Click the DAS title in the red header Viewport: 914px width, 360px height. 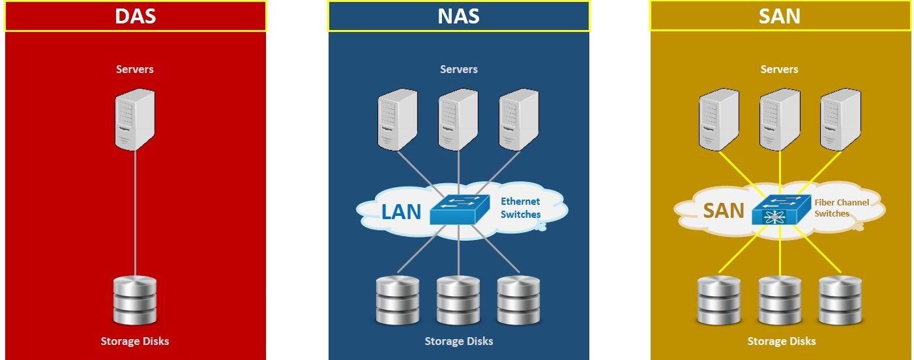135,16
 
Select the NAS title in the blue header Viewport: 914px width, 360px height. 458,16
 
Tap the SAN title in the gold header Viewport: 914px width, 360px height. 780,16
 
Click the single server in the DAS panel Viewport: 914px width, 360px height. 135,120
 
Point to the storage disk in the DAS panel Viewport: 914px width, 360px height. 135,300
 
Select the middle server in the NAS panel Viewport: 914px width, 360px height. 458,120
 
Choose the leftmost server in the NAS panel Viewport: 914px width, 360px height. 398,120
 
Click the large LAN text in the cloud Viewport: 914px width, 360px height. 401,212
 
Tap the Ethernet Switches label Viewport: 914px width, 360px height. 520,208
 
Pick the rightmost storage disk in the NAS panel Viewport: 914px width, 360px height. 518,300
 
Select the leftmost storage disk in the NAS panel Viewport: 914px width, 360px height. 398,300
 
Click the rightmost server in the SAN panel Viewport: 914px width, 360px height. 840,120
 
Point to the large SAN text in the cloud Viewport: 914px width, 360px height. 724,210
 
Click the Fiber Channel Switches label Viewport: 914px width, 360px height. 841,208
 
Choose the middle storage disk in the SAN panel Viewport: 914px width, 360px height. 780,300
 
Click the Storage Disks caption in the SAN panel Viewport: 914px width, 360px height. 781,341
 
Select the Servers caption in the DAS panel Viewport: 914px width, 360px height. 135,69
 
